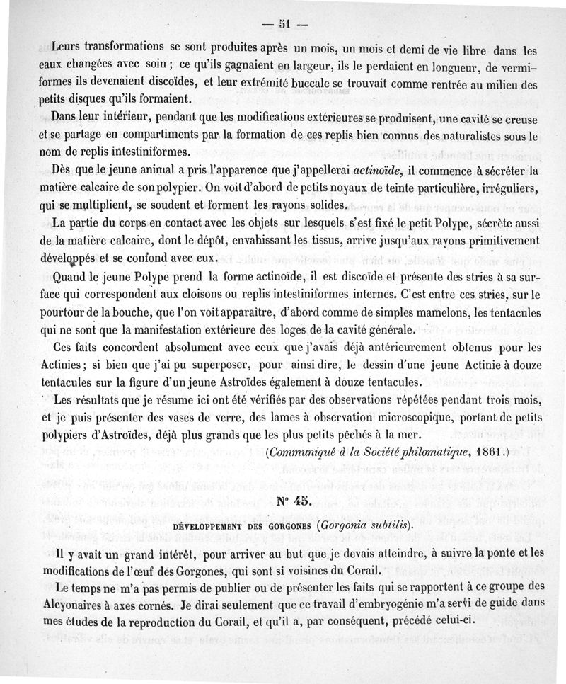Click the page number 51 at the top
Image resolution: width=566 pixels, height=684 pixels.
[284, 23]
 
